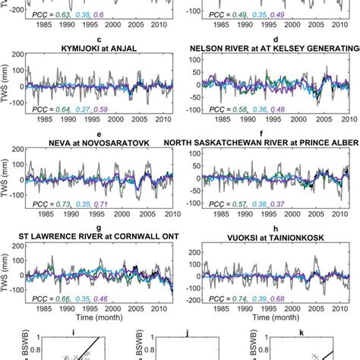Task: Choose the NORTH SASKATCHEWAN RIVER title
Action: [274, 141]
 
